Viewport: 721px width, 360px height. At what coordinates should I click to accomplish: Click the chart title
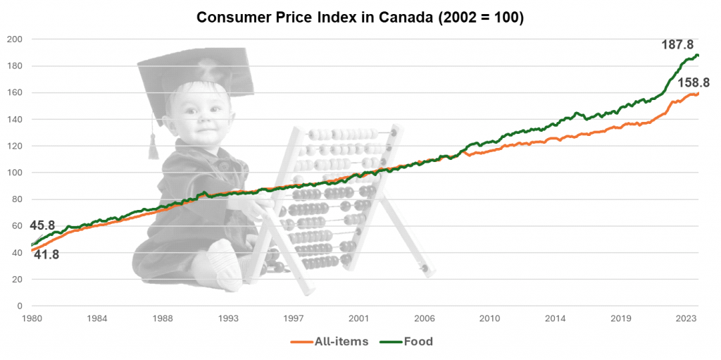(360, 18)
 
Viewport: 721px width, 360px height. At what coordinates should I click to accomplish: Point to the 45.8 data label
(42, 225)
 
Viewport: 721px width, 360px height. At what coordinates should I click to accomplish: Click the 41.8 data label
(46, 254)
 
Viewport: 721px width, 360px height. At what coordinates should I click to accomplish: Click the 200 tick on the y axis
(15, 39)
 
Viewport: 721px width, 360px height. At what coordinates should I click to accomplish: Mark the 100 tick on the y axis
(15, 173)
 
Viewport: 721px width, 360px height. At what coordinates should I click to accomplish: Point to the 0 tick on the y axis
(20, 306)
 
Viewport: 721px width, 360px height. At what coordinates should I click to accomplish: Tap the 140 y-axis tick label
(15, 119)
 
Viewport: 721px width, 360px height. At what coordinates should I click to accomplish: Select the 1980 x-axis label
(32, 318)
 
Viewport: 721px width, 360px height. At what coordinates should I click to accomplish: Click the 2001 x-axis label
(358, 318)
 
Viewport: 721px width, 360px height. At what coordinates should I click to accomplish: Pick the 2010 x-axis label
(489, 318)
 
